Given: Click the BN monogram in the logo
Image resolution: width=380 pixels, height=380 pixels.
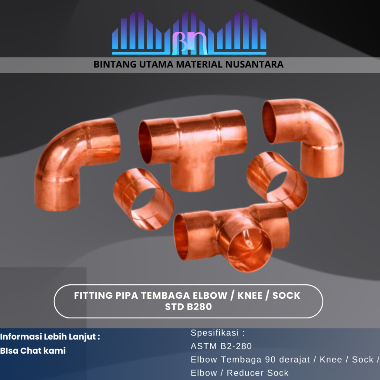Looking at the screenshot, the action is coord(190,43).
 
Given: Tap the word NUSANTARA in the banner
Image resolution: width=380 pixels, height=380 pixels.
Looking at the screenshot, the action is coord(255,65).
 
